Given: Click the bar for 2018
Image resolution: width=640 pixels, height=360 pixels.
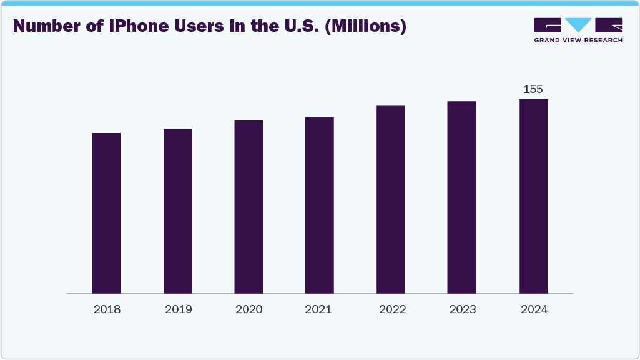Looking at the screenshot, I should (x=106, y=213).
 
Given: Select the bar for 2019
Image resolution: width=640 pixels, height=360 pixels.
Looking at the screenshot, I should (x=178, y=211).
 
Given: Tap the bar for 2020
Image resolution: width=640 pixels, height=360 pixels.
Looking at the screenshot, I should (x=249, y=207).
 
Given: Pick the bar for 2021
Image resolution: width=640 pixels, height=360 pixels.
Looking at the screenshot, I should (x=320, y=205).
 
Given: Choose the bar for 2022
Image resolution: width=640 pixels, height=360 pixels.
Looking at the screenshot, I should (x=390, y=199).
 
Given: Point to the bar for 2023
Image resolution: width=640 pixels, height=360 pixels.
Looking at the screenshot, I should (x=461, y=197).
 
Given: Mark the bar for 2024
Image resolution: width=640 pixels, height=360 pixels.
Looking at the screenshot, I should (x=533, y=196).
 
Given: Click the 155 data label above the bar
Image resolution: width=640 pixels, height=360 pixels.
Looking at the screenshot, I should (x=533, y=89).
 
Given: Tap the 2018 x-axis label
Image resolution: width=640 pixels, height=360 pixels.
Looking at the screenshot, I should (x=106, y=309).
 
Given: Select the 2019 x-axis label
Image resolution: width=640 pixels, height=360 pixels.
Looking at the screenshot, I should (x=178, y=309).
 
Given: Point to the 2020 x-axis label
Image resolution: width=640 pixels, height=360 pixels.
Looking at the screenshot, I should (x=249, y=309).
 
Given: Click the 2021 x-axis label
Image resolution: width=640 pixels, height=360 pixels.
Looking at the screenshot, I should (x=320, y=309).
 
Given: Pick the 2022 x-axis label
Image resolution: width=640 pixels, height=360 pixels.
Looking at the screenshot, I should (x=391, y=309).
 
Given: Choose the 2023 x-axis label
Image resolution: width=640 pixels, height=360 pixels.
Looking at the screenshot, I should (x=462, y=309).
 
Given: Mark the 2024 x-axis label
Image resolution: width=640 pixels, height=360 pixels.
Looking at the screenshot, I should (x=533, y=309).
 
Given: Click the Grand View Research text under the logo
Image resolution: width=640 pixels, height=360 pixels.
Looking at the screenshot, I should (x=578, y=40).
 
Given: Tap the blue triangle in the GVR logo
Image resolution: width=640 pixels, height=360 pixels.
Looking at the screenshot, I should (x=578, y=25).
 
